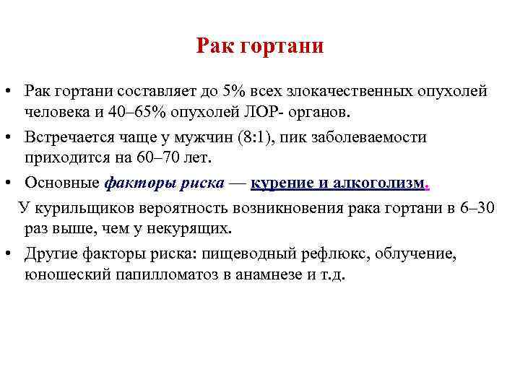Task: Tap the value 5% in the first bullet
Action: tap(234, 91)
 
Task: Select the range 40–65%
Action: tap(137, 112)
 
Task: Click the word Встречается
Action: tap(69, 136)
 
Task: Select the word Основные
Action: tap(62, 183)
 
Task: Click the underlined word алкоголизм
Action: tap(378, 183)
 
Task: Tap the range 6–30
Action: tap(477, 207)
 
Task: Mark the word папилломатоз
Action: tap(167, 274)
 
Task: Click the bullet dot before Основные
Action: tap(8, 182)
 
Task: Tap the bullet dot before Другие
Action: tap(8, 253)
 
